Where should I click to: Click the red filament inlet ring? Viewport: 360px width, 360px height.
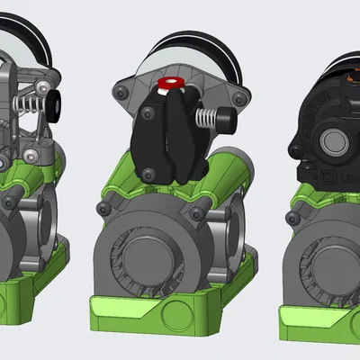pyautogui.click(x=170, y=85)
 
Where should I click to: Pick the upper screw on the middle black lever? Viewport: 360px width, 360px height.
pyautogui.click(x=146, y=113)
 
